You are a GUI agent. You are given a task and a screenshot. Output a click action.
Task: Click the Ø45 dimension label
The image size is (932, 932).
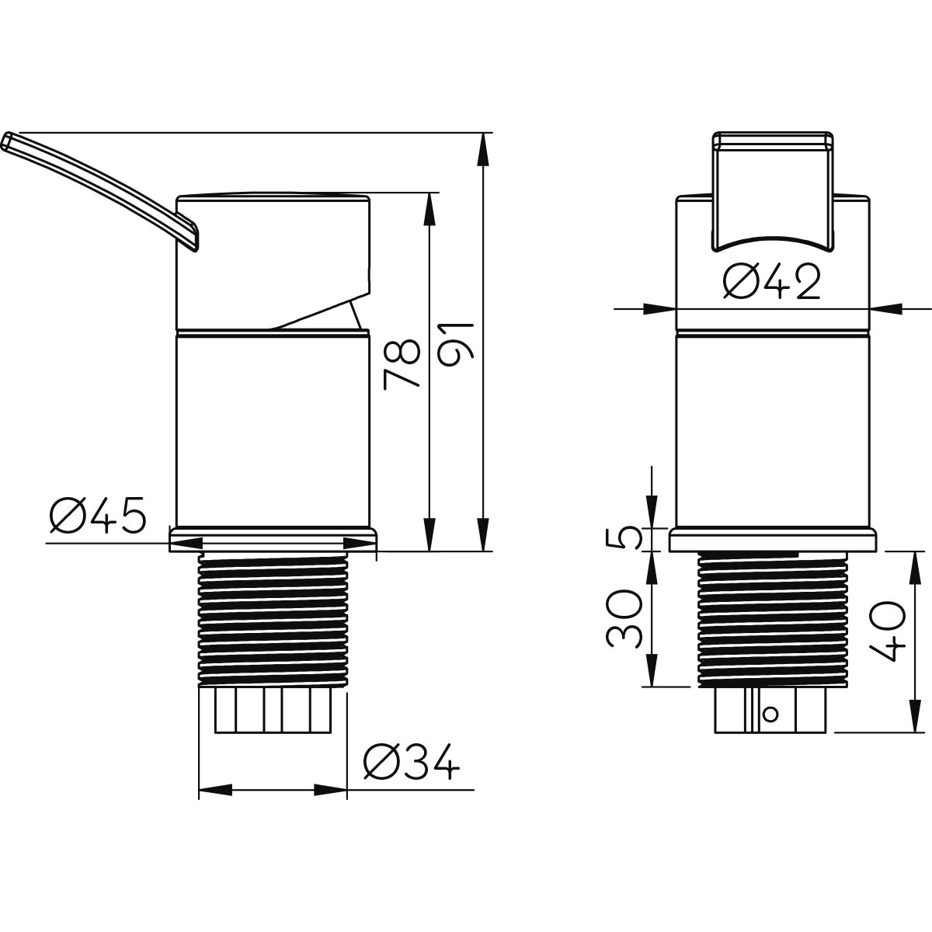(97, 514)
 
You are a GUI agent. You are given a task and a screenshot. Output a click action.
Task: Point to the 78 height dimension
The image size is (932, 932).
(402, 364)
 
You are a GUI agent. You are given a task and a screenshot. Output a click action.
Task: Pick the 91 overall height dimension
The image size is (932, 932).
(457, 346)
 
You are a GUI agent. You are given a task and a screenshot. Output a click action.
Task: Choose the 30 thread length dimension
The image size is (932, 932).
(624, 619)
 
